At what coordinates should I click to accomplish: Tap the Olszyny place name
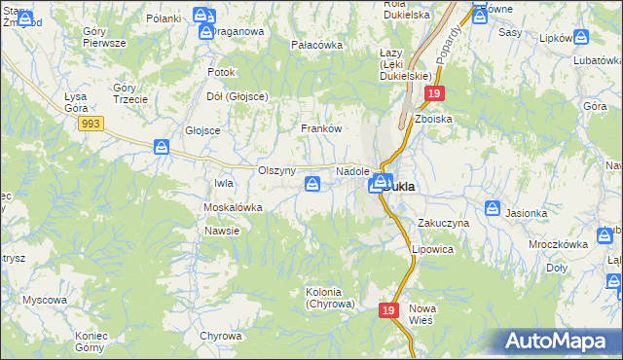click(x=276, y=170)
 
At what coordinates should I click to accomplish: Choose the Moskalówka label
click(x=233, y=208)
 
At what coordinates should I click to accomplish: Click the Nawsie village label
click(x=222, y=231)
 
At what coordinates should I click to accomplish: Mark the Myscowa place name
click(x=44, y=300)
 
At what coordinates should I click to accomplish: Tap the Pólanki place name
click(x=164, y=18)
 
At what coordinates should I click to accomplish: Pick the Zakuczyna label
click(x=444, y=223)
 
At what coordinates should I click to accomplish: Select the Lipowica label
click(x=432, y=249)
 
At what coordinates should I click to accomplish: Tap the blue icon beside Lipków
click(x=581, y=37)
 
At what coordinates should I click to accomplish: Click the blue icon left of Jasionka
click(x=494, y=208)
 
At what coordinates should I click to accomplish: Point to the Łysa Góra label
click(x=76, y=102)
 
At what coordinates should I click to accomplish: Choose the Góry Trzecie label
click(x=129, y=93)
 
